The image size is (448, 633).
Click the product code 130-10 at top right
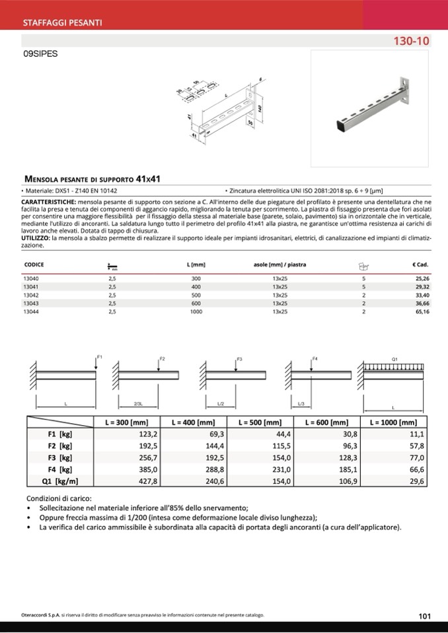pos(411,41)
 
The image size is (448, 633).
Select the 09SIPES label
pos(40,55)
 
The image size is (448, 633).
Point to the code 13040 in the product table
pos(31,279)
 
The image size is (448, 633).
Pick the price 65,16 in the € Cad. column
pos(422,311)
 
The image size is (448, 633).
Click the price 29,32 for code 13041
pos(422,287)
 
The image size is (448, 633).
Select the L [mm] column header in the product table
pos(197,265)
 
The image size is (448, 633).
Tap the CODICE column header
pos(34,265)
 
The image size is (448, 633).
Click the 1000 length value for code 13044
pos(196,311)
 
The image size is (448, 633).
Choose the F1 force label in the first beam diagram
pos(100,357)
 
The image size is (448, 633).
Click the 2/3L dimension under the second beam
pos(138,403)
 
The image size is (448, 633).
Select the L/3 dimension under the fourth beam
pos(301,403)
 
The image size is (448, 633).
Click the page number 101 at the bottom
pos(425,616)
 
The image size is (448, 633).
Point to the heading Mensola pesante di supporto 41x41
pos(93,178)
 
